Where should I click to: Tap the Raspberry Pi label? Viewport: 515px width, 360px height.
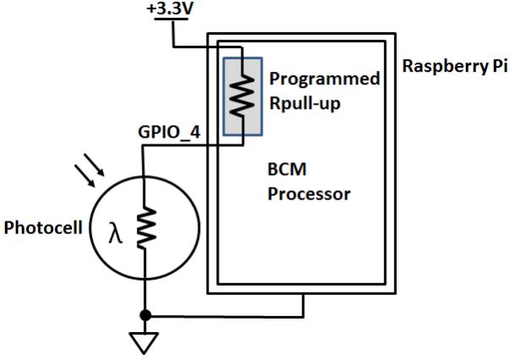point(456,67)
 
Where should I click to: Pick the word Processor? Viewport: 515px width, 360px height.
point(307,194)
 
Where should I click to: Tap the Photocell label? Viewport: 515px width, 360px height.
point(43,228)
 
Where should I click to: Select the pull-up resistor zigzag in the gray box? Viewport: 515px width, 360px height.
point(241,95)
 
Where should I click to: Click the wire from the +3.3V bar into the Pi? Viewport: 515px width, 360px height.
point(207,46)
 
